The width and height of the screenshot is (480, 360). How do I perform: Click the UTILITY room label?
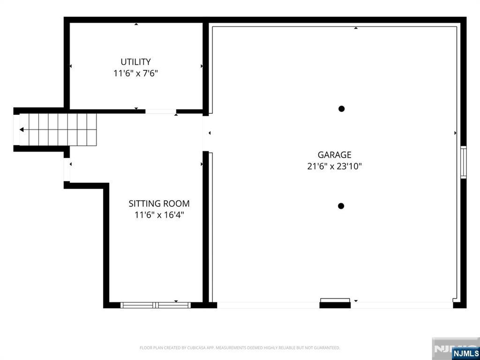pyautogui.click(x=135, y=61)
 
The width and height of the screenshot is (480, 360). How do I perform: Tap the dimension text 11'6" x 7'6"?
pyautogui.click(x=135, y=73)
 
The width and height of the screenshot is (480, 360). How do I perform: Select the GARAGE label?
pyautogui.click(x=334, y=155)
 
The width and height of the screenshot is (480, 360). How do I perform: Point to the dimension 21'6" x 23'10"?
pyautogui.click(x=334, y=166)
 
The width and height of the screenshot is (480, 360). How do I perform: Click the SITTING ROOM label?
pyautogui.click(x=159, y=203)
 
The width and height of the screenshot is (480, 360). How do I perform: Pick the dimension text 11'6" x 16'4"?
pyautogui.click(x=159, y=215)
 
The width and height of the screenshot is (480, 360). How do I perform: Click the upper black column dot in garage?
pyautogui.click(x=342, y=109)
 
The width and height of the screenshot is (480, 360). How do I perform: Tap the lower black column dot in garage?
pyautogui.click(x=341, y=206)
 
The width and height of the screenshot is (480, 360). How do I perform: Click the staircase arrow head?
pyautogui.click(x=22, y=129)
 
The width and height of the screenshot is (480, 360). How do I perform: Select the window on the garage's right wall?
pyautogui.click(x=463, y=162)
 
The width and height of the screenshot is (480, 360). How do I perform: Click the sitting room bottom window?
pyautogui.click(x=156, y=305)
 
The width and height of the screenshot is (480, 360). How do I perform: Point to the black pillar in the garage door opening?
pyautogui.click(x=335, y=304)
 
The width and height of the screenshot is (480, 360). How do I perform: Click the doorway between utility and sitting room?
pyautogui.click(x=160, y=112)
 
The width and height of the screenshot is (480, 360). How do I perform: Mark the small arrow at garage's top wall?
pyautogui.click(x=356, y=28)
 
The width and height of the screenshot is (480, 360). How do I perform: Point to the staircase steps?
pyautogui.click(x=59, y=129)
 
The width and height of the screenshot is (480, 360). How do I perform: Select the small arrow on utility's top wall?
pyautogui.click(x=136, y=24)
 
